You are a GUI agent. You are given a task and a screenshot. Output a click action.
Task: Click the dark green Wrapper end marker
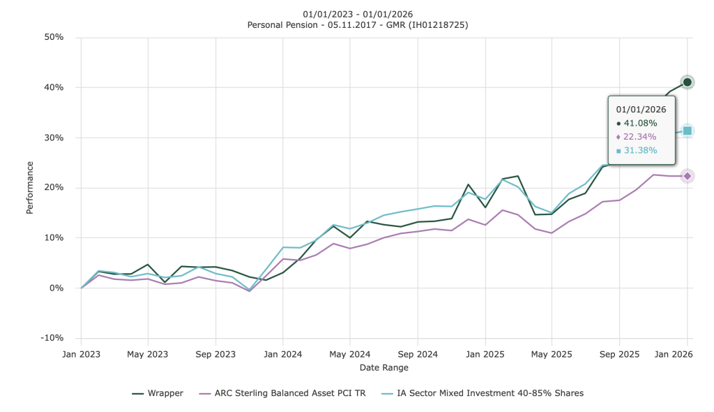[x=687, y=82]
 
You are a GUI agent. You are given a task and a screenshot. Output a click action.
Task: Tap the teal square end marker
[x=687, y=131]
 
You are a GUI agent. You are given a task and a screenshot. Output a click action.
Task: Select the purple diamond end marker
[x=687, y=176]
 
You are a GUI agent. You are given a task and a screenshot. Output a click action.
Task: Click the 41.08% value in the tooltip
[x=640, y=123]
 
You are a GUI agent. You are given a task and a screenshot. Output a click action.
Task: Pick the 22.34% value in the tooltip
[x=640, y=137]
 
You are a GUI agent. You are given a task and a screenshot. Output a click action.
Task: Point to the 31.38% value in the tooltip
[x=640, y=151]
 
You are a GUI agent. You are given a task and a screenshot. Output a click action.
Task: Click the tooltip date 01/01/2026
[x=641, y=109]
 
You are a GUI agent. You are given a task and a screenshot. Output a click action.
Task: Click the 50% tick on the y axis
[x=54, y=37]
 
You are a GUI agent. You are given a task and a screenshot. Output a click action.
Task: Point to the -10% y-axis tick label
[x=52, y=338]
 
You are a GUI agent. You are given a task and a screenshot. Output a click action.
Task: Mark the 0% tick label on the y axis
[x=56, y=288]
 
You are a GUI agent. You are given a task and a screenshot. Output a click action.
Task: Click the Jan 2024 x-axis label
[x=282, y=354]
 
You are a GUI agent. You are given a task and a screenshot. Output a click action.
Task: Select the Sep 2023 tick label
[x=215, y=354]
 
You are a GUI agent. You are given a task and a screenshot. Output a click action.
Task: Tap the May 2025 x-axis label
[x=552, y=354]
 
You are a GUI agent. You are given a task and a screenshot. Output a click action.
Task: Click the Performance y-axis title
[x=30, y=187]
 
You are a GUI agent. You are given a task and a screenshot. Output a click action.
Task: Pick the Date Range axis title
[x=383, y=367]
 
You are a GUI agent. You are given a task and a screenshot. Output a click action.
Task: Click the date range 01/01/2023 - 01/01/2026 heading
[x=357, y=14]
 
